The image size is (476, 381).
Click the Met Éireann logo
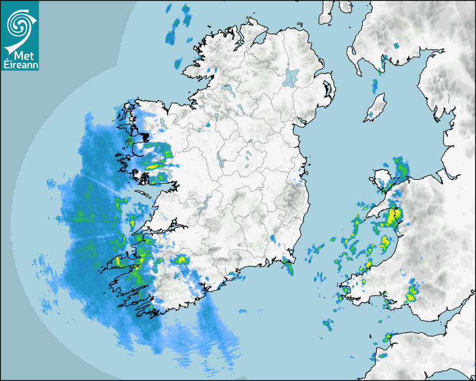point(20,35)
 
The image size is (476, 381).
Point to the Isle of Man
point(376,108)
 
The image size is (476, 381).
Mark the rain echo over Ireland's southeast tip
point(288,265)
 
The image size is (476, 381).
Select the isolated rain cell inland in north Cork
point(181,259)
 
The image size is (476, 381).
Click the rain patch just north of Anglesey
point(400,167)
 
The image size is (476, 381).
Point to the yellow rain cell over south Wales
point(413,292)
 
